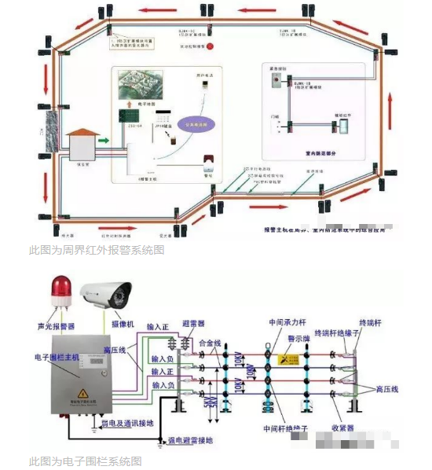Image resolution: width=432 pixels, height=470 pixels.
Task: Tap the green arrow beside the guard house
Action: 103,141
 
